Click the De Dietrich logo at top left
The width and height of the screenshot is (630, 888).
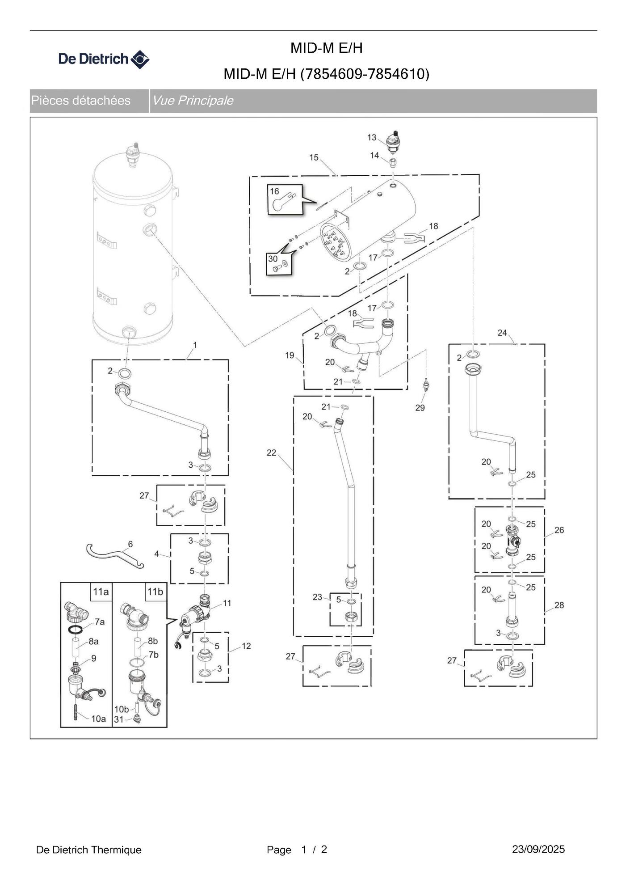pos(104,59)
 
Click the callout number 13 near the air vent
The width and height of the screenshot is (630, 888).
pos(372,137)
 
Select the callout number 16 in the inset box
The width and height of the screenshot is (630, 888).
pos(274,191)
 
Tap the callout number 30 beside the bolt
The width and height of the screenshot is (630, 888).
pos(273,259)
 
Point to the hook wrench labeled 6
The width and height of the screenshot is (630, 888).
pos(115,555)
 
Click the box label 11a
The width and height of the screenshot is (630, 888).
pos(101,592)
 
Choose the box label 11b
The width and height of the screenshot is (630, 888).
pos(155,592)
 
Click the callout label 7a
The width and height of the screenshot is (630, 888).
pos(100,622)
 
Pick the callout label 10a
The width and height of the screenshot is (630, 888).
pos(99,719)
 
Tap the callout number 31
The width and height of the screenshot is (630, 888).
pos(118,719)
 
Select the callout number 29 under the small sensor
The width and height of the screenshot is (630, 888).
pos(420,408)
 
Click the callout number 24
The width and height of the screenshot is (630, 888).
pos(502,333)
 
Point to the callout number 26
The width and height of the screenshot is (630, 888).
pos(559,530)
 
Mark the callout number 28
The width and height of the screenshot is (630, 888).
pos(559,605)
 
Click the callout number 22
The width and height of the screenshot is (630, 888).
pos(271,452)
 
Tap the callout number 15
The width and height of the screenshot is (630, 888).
pos(314,157)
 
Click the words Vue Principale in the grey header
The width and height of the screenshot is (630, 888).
pos(193,101)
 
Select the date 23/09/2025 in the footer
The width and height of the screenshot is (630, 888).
pos(538,849)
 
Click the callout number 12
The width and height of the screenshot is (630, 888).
pos(246,646)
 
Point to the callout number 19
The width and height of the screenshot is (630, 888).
pos(290,355)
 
